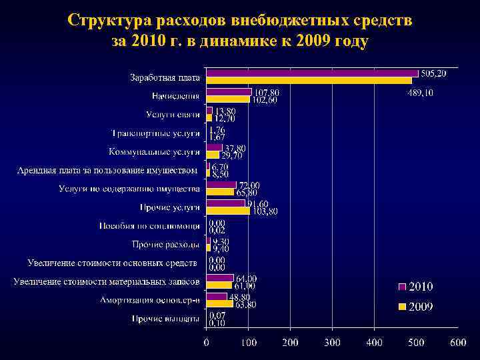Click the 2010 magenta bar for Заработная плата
pos(312,73)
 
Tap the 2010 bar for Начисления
pos(229,92)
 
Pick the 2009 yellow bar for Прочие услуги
pos(228,210)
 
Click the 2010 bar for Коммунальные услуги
pos(214,147)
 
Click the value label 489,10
pos(421,93)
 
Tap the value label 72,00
pos(249,185)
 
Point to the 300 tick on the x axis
pos(332,343)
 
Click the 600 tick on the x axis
pos(458,343)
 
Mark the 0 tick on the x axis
pos(207,343)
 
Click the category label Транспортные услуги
pos(155,133)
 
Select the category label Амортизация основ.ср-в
pos(150,300)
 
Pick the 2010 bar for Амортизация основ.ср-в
pos(217,296)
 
